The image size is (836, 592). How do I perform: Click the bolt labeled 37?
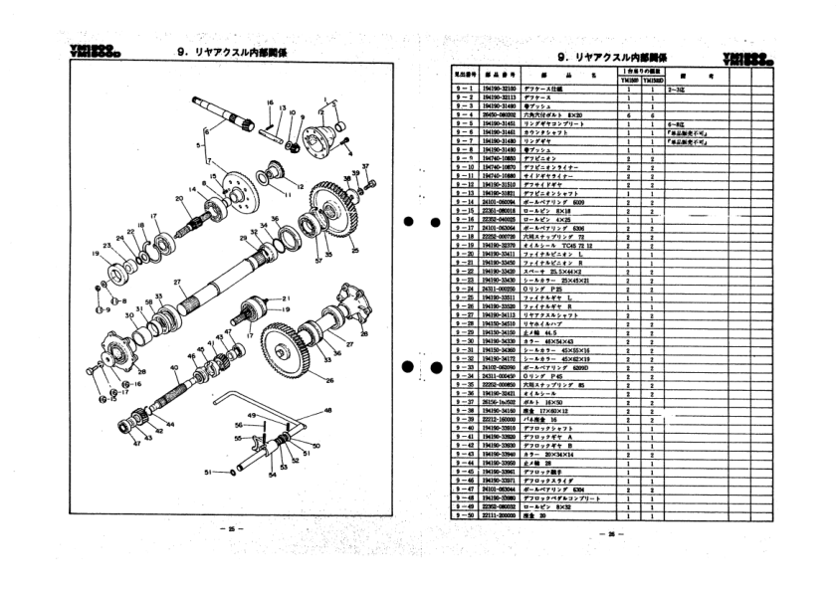point(368,185)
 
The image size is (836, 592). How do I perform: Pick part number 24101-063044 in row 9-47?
point(500,488)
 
